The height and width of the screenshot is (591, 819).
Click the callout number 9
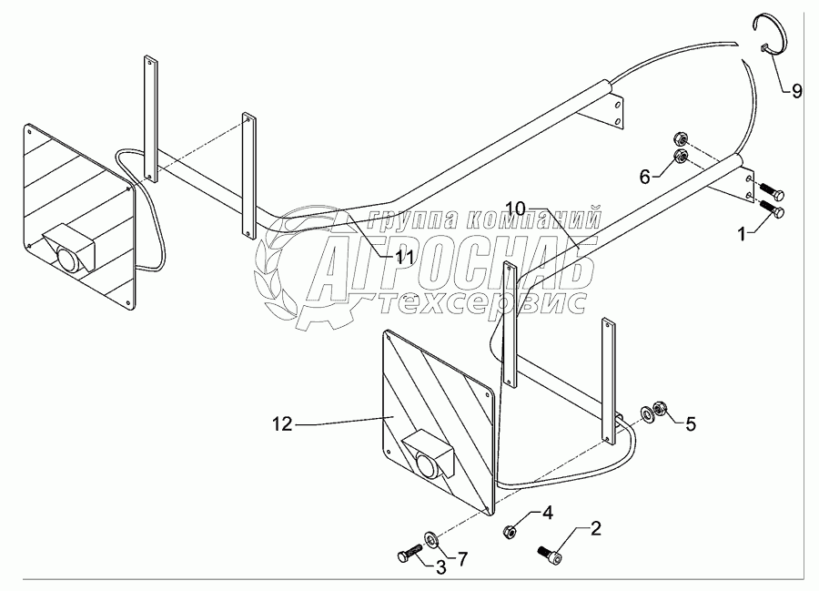[796, 90]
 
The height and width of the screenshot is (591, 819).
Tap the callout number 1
[743, 233]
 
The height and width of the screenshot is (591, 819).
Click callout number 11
[404, 258]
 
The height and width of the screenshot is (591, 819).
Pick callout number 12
[283, 423]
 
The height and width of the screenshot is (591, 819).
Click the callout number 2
[596, 527]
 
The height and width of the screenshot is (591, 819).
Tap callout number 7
[462, 556]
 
